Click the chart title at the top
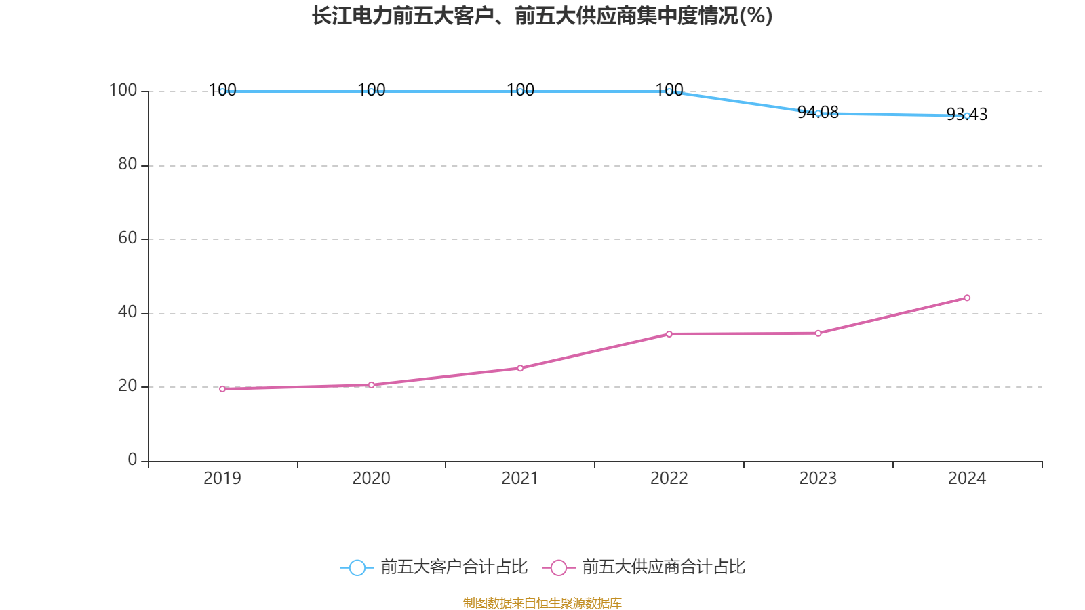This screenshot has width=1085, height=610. pyautogui.click(x=542, y=16)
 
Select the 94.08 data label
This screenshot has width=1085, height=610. pyautogui.click(x=818, y=113)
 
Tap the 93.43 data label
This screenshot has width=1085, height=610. pyautogui.click(x=966, y=114)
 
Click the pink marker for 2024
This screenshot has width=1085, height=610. pyautogui.click(x=967, y=298)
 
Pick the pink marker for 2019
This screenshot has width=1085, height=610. pyautogui.click(x=222, y=389)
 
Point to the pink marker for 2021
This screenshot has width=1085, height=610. pyautogui.click(x=520, y=368)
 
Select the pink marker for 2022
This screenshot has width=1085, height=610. pyautogui.click(x=669, y=333)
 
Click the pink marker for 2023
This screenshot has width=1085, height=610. pyautogui.click(x=818, y=333)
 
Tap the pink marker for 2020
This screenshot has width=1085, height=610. pyautogui.click(x=371, y=385)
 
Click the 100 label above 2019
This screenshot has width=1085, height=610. pyautogui.click(x=222, y=89)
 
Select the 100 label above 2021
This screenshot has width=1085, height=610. pyautogui.click(x=520, y=89)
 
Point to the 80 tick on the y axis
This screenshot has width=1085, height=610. pyautogui.click(x=127, y=164)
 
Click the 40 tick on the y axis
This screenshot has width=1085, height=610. pyautogui.click(x=127, y=312)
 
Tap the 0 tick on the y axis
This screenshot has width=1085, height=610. pyautogui.click(x=132, y=460)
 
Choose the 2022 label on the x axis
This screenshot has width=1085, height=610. pyautogui.click(x=669, y=479)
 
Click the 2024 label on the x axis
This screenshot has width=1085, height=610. pyautogui.click(x=966, y=479)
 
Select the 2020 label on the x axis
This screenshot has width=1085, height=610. pyautogui.click(x=371, y=479)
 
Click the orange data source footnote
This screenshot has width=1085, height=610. pyautogui.click(x=542, y=603)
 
